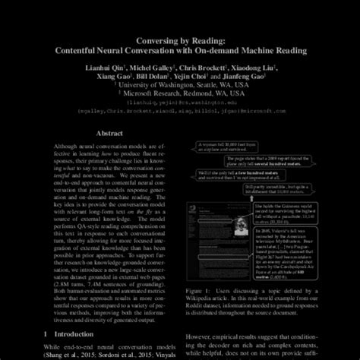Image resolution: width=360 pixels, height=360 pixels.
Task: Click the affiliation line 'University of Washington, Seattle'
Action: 180,86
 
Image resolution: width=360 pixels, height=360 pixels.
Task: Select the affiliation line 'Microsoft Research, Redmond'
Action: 180,95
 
